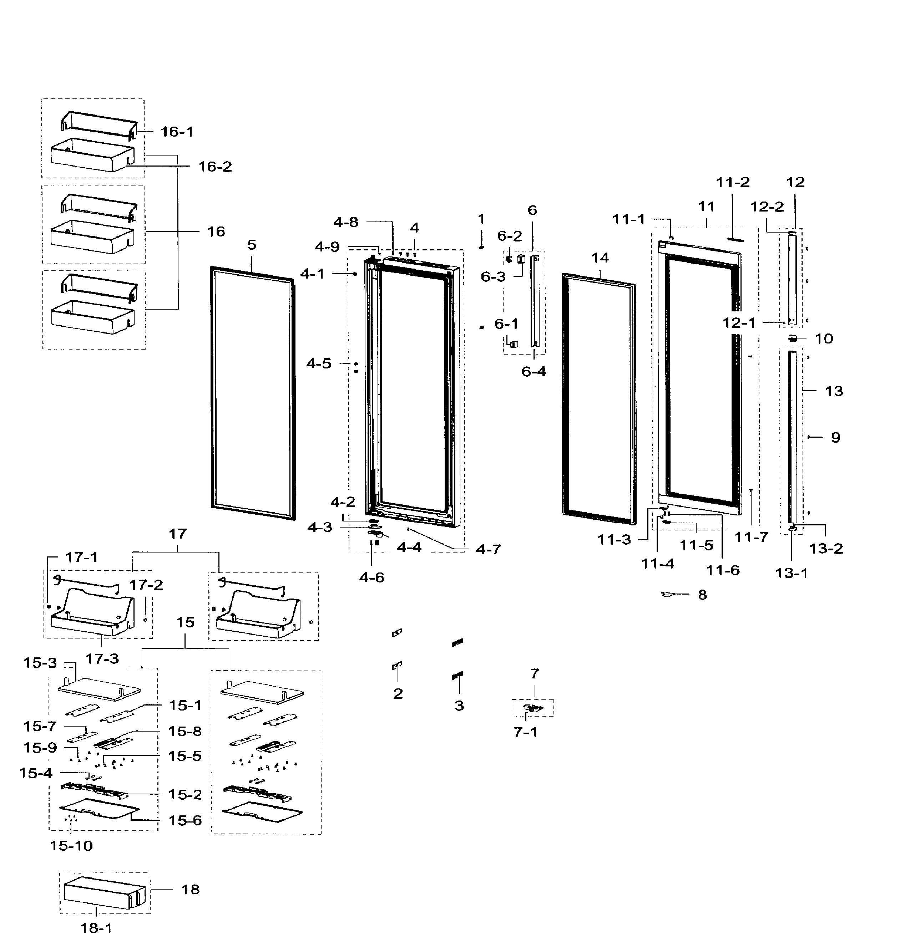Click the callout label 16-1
click(x=177, y=132)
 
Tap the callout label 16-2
click(x=215, y=167)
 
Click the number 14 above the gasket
click(x=600, y=258)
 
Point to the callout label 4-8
click(x=346, y=222)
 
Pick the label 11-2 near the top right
click(x=732, y=183)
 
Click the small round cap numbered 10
click(x=793, y=338)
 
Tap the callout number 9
click(x=835, y=437)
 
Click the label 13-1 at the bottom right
click(x=792, y=573)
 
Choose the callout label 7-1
click(x=525, y=732)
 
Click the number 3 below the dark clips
click(x=459, y=706)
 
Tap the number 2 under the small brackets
click(x=398, y=693)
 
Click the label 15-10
click(x=71, y=846)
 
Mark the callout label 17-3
click(x=102, y=658)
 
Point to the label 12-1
click(x=739, y=323)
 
